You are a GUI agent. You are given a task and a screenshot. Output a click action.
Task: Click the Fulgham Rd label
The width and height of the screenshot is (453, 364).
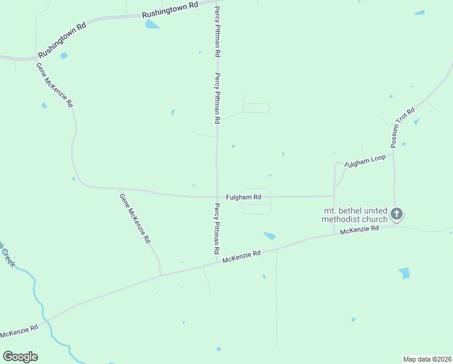coord(243,197)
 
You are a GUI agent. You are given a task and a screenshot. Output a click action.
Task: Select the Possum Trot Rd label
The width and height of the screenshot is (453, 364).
coord(403,127)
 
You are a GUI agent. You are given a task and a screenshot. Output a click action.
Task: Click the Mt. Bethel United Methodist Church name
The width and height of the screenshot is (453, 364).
coord(354,215)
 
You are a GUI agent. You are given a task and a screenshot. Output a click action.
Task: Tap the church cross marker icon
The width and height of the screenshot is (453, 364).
coord(397,214)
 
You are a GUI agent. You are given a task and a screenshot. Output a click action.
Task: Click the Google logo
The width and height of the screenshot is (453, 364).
coord(20,357)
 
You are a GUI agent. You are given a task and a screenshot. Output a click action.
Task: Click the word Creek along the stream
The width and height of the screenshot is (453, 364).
coord(8,258)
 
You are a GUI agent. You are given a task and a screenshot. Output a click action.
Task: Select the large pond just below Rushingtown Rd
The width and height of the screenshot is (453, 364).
coord(151,24)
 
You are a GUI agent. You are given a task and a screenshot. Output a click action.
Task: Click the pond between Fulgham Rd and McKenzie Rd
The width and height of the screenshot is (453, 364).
coord(269,235)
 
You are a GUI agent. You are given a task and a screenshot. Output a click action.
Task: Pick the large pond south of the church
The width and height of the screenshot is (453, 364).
coord(405,273)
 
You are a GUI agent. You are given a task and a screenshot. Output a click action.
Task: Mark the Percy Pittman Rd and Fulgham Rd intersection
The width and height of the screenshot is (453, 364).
coord(217,197)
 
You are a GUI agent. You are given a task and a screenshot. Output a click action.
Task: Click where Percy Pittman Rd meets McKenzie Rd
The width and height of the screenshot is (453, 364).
coord(217,263)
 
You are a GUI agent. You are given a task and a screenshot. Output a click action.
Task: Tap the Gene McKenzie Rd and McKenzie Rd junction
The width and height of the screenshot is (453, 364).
coord(160,275)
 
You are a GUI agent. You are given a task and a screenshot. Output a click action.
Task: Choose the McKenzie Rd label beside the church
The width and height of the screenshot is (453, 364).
coord(359,230)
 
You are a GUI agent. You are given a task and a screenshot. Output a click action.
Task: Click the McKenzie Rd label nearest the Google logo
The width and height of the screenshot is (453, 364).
coord(19,331)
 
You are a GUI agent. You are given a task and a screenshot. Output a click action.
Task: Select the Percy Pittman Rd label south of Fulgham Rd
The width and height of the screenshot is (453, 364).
coord(216,229)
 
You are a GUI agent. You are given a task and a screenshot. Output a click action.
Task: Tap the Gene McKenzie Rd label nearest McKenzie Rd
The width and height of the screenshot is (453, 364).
coord(134,218)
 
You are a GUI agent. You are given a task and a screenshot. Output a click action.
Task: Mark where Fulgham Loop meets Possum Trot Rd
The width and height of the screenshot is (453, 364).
coord(394,153)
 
